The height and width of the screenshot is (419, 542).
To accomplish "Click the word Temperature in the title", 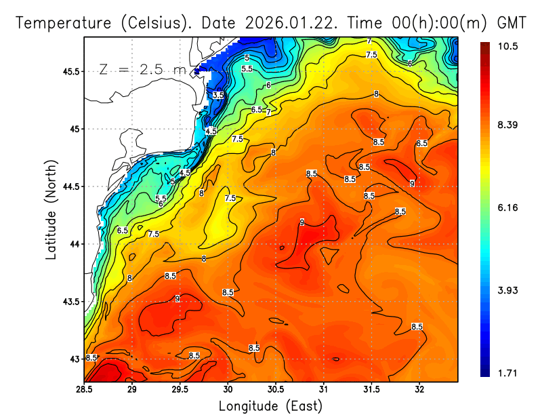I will (x=60, y=22).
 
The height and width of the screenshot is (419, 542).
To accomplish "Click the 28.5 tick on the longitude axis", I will (x=84, y=390).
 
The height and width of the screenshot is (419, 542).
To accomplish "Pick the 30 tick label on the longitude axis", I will (x=228, y=390).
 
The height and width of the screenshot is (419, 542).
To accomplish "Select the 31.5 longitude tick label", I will (x=372, y=390).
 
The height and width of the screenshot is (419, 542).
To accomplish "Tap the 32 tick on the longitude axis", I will (x=419, y=390).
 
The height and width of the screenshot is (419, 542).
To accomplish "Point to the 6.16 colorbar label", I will (x=508, y=207).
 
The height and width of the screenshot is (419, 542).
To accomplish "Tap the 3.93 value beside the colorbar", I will (x=508, y=290).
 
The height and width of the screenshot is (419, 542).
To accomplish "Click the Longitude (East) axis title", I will (x=270, y=406).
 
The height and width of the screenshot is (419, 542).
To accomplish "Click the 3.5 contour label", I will (x=217, y=96).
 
